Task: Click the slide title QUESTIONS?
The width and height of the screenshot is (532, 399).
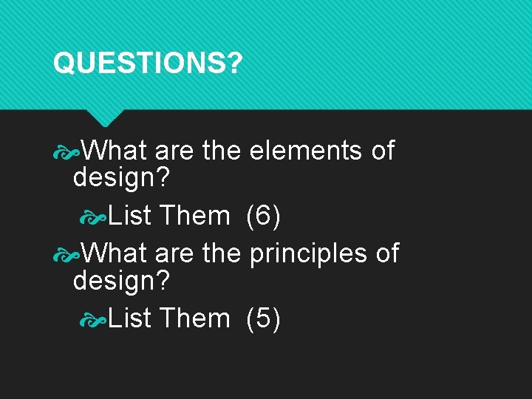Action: pyautogui.click(x=147, y=64)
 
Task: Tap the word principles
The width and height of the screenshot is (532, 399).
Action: pyautogui.click(x=309, y=253)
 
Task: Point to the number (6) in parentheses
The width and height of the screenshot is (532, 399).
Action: pyautogui.click(x=262, y=216)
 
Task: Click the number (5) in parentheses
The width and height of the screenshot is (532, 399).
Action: pyautogui.click(x=262, y=318)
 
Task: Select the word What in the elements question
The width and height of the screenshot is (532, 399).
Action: pyautogui.click(x=114, y=151)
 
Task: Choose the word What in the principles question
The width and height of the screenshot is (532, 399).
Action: pyautogui.click(x=114, y=253)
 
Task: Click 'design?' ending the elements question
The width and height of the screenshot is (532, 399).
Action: pyautogui.click(x=121, y=178)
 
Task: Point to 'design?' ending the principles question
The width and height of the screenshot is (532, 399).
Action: pyautogui.click(x=121, y=281)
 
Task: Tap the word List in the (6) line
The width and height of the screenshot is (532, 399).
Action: pyautogui.click(x=130, y=216)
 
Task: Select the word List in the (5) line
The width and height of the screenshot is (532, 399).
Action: pyautogui.click(x=130, y=318)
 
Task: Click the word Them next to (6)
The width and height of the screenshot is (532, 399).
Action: pyautogui.click(x=194, y=216)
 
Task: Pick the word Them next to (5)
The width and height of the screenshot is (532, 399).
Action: pyautogui.click(x=194, y=318)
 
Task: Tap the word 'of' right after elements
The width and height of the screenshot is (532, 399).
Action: pyautogui.click(x=383, y=151)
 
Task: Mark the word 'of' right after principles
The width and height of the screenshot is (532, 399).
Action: pyautogui.click(x=387, y=253)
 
